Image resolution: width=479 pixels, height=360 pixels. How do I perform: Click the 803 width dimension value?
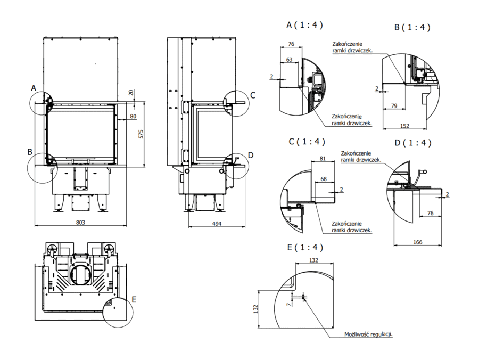pos(80,222)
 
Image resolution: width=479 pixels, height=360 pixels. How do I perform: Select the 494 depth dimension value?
pos(217,223)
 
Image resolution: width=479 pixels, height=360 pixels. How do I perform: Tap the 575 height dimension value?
pos(141,134)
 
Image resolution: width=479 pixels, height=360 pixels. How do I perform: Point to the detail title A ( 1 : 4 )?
pos(304,25)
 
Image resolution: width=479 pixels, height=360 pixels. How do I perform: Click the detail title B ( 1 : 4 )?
pos(412,27)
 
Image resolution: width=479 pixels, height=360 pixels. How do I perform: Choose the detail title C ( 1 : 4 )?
pos(307,142)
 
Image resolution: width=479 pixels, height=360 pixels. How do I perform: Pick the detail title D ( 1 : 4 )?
pos(413,143)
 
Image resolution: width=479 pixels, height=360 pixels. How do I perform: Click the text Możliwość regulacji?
pos(369,334)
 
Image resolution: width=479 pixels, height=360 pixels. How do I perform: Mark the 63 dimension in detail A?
pos(289,60)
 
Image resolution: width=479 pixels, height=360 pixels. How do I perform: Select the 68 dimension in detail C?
pos(324,179)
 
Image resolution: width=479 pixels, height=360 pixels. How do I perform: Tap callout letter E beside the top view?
pos(134,300)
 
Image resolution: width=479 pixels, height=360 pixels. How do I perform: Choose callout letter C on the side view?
pos(253,95)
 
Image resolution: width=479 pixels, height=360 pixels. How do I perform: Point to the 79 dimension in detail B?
pos(394,106)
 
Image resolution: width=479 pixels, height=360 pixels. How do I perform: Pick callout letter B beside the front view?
pos(30,152)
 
